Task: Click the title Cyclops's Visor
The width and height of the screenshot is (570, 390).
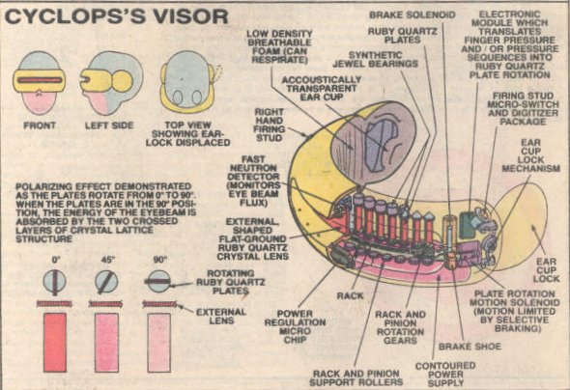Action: (x=116, y=16)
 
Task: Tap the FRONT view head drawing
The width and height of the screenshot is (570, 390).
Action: (x=40, y=82)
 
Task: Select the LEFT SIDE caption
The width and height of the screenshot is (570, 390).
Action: (x=109, y=125)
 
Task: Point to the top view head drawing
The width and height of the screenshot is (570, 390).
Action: (x=187, y=82)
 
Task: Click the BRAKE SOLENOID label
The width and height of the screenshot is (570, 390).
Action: (x=413, y=14)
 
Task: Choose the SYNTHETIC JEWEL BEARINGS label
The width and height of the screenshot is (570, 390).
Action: (x=375, y=60)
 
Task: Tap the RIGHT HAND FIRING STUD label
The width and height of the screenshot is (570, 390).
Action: (x=269, y=125)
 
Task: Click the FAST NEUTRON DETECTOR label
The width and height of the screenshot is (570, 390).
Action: (x=254, y=181)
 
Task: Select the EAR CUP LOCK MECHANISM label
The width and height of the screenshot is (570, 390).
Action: (x=530, y=155)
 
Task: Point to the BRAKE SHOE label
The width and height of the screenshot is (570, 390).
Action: (x=470, y=347)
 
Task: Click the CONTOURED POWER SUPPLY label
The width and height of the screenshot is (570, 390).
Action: (x=445, y=375)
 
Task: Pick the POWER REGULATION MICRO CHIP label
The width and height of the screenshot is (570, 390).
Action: (x=295, y=327)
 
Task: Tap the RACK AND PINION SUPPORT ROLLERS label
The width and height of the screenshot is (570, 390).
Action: (x=356, y=377)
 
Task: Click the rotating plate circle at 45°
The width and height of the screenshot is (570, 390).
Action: (x=106, y=282)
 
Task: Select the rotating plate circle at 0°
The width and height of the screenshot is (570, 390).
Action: (x=55, y=282)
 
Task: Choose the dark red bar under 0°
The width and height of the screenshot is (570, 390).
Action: (x=55, y=343)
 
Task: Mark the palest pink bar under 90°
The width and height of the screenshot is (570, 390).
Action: (x=158, y=343)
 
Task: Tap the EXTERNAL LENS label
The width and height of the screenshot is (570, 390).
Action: (x=221, y=317)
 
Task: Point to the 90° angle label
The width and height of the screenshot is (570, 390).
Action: (x=159, y=260)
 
